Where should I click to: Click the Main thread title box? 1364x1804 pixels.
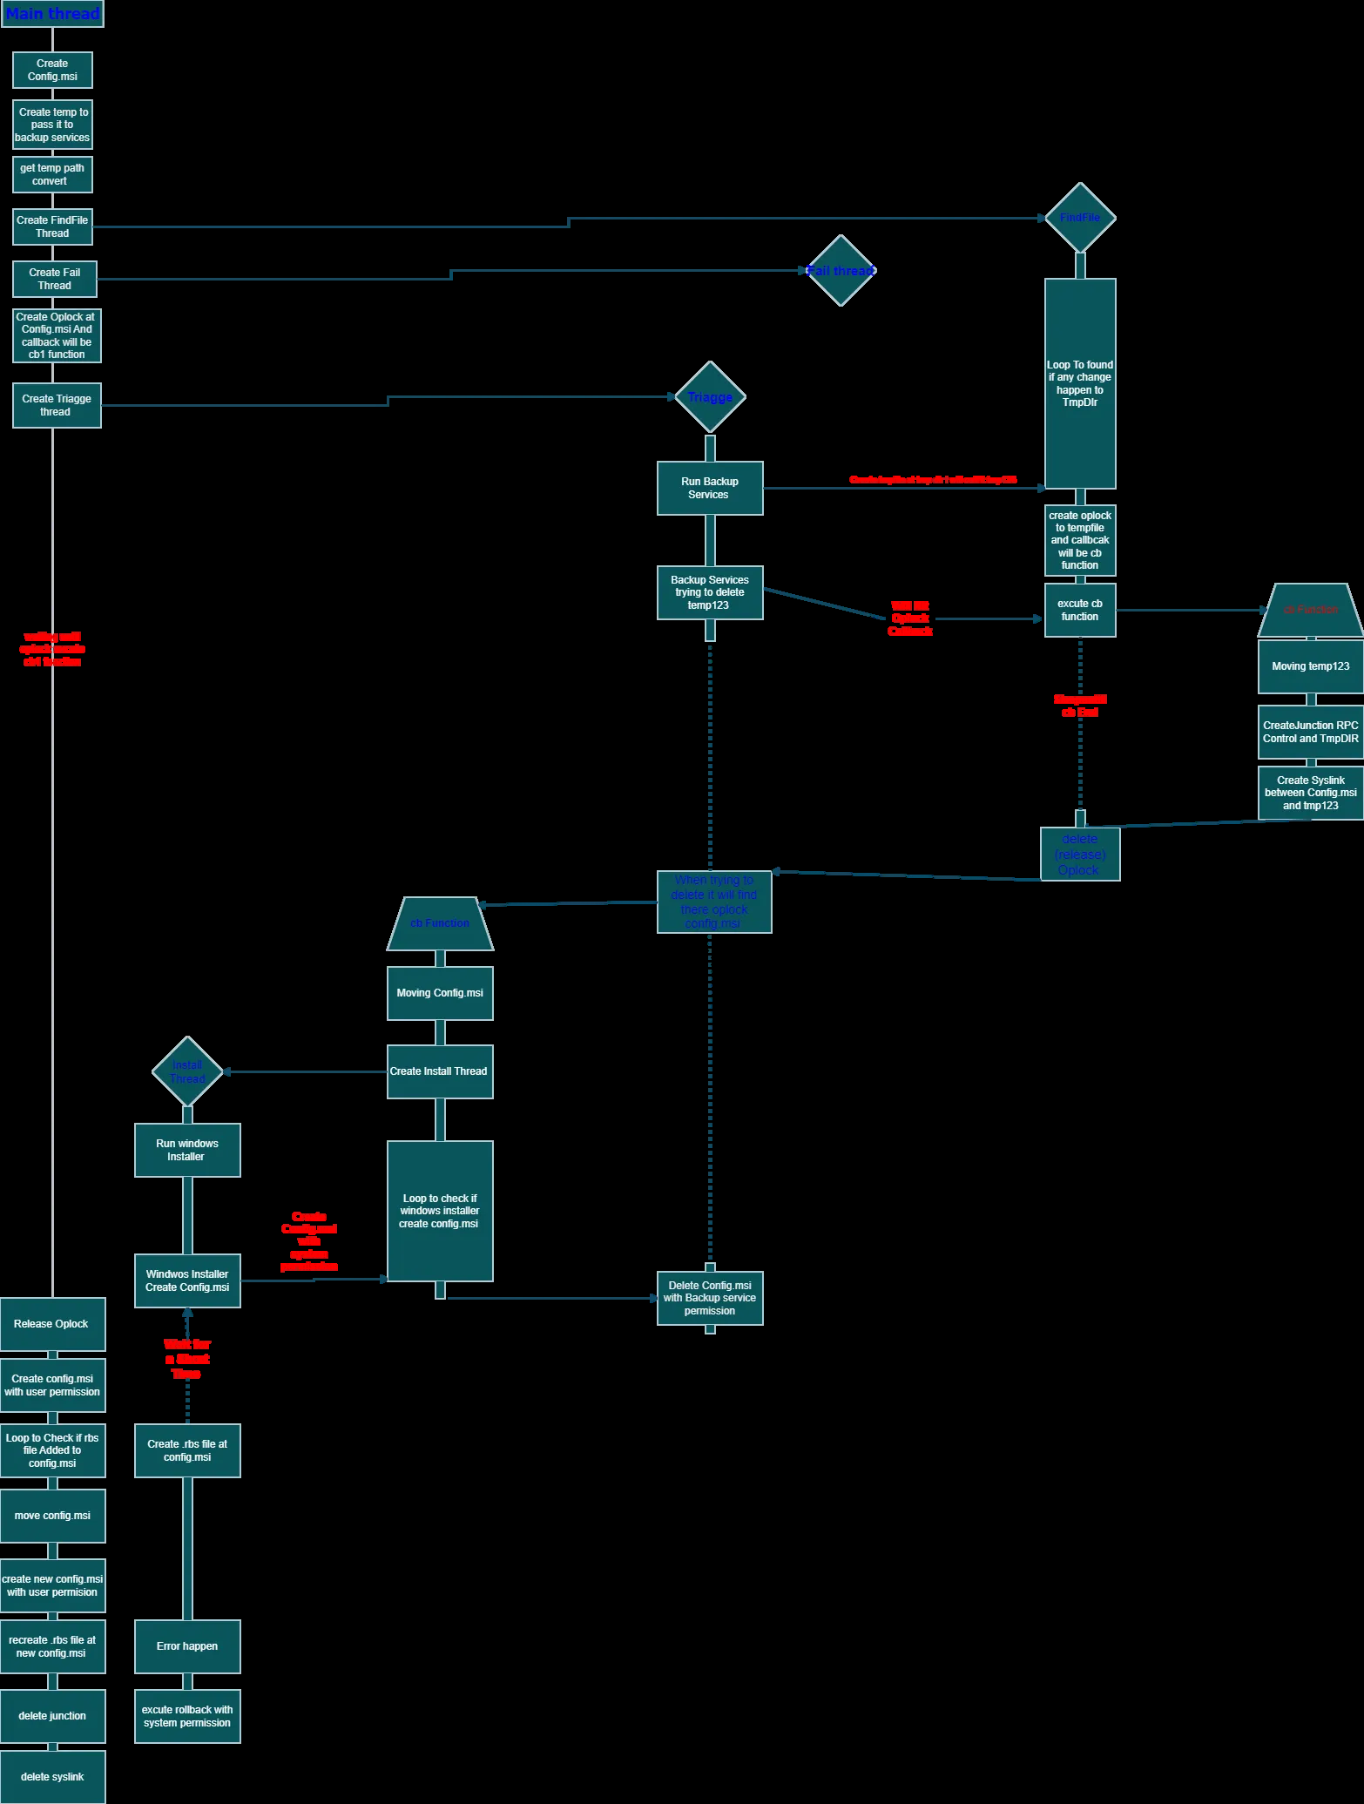tap(52, 14)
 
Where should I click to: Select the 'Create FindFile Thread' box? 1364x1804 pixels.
tap(52, 226)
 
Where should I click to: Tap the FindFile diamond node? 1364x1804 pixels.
tap(1080, 218)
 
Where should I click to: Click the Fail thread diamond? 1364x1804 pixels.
tap(841, 271)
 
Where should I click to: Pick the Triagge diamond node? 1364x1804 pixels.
tap(710, 397)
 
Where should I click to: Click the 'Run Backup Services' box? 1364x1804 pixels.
tap(710, 488)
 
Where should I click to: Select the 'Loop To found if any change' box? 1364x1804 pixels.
tap(1080, 383)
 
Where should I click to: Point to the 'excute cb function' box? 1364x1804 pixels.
tap(1080, 610)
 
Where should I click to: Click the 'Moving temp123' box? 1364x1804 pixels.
tap(1310, 666)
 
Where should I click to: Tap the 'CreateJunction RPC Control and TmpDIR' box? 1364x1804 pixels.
tap(1310, 732)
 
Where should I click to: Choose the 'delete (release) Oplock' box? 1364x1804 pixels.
tap(1080, 854)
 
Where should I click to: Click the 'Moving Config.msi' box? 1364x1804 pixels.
tap(440, 993)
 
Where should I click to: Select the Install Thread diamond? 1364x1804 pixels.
tap(187, 1071)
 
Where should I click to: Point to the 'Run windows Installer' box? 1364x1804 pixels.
tap(187, 1150)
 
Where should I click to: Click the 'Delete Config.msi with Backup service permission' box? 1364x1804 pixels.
tap(710, 1298)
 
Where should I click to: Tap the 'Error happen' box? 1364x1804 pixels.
tap(187, 1646)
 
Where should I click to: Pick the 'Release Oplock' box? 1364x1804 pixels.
tap(52, 1324)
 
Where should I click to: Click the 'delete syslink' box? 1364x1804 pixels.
tap(52, 1777)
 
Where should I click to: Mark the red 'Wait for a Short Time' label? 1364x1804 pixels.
tap(187, 1359)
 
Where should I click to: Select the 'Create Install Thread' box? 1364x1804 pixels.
tap(440, 1071)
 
